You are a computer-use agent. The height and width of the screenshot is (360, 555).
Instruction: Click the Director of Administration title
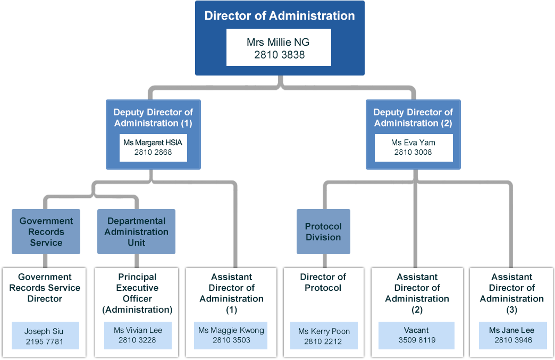coord(280,15)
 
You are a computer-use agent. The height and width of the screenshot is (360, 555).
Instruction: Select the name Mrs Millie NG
coord(279,42)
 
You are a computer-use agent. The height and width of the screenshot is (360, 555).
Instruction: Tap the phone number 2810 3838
coord(279,54)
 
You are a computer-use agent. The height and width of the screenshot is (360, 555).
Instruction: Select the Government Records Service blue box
coord(46,232)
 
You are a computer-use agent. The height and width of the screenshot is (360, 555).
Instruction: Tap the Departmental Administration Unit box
coord(136,232)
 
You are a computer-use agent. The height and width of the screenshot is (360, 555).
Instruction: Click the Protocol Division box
coord(323,232)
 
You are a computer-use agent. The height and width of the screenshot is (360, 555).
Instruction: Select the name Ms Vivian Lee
coord(138,330)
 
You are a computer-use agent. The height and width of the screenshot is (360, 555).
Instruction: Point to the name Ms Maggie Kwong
coord(231,330)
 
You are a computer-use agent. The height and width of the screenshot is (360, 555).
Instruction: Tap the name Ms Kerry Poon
coord(324,331)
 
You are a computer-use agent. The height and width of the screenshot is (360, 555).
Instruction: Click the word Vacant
coord(417,330)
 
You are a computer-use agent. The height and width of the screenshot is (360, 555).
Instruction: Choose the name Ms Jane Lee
coord(511,330)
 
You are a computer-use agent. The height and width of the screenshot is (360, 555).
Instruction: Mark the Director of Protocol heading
coord(323,282)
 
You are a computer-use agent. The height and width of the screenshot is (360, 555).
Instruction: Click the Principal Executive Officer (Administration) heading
coord(137,293)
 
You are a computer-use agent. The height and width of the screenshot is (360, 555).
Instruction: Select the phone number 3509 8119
coord(417,340)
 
